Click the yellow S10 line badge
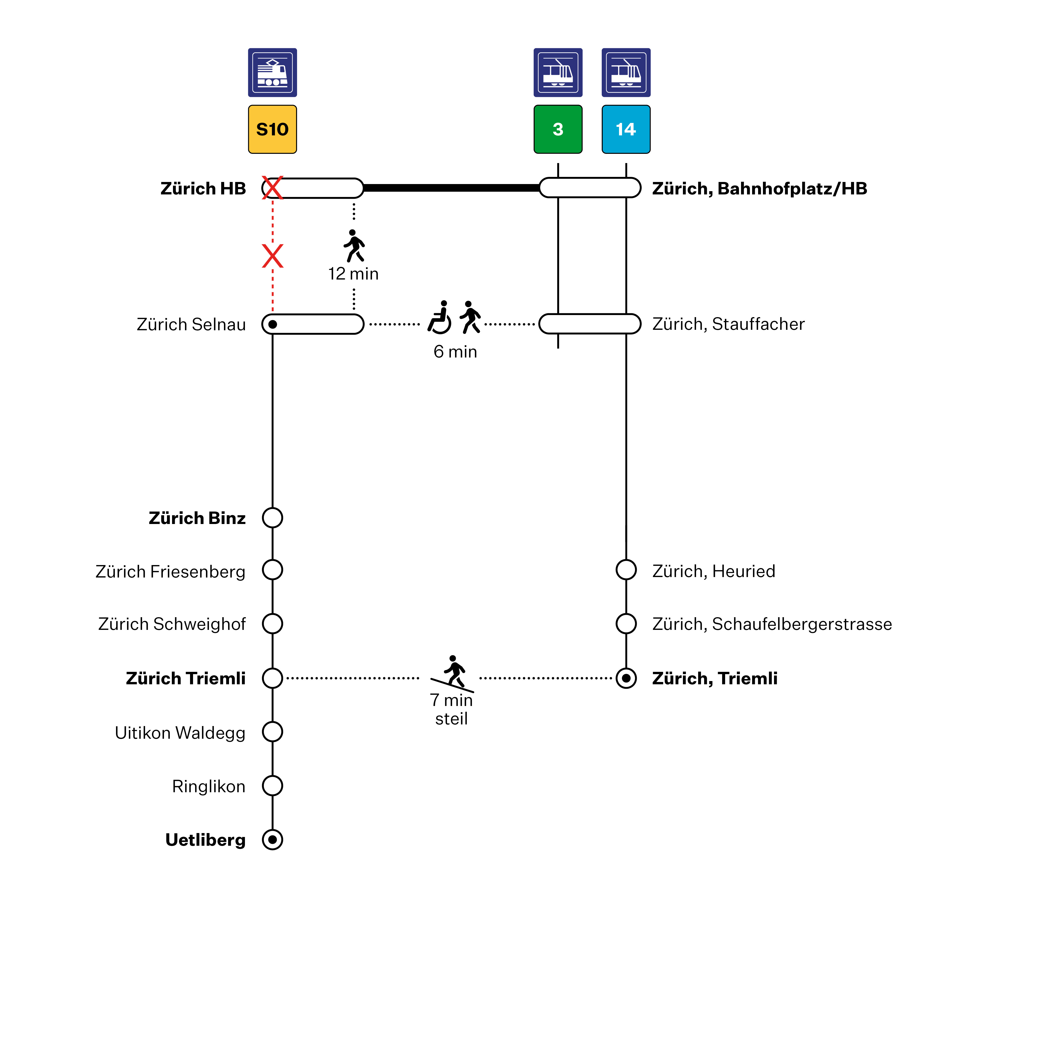(272, 129)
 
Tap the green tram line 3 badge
(558, 129)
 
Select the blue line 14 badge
(626, 129)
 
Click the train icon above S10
(272, 72)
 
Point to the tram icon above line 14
(626, 72)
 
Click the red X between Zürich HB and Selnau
(272, 256)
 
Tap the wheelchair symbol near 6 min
(440, 317)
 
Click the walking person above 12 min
(354, 246)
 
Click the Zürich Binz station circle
(272, 518)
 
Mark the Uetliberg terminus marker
(272, 840)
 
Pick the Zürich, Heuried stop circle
(626, 569)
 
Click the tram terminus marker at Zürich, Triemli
(626, 678)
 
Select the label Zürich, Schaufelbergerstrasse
(772, 624)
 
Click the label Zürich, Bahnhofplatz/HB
(759, 189)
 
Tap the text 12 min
(353, 274)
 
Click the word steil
(451, 719)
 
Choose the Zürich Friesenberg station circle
(272, 569)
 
